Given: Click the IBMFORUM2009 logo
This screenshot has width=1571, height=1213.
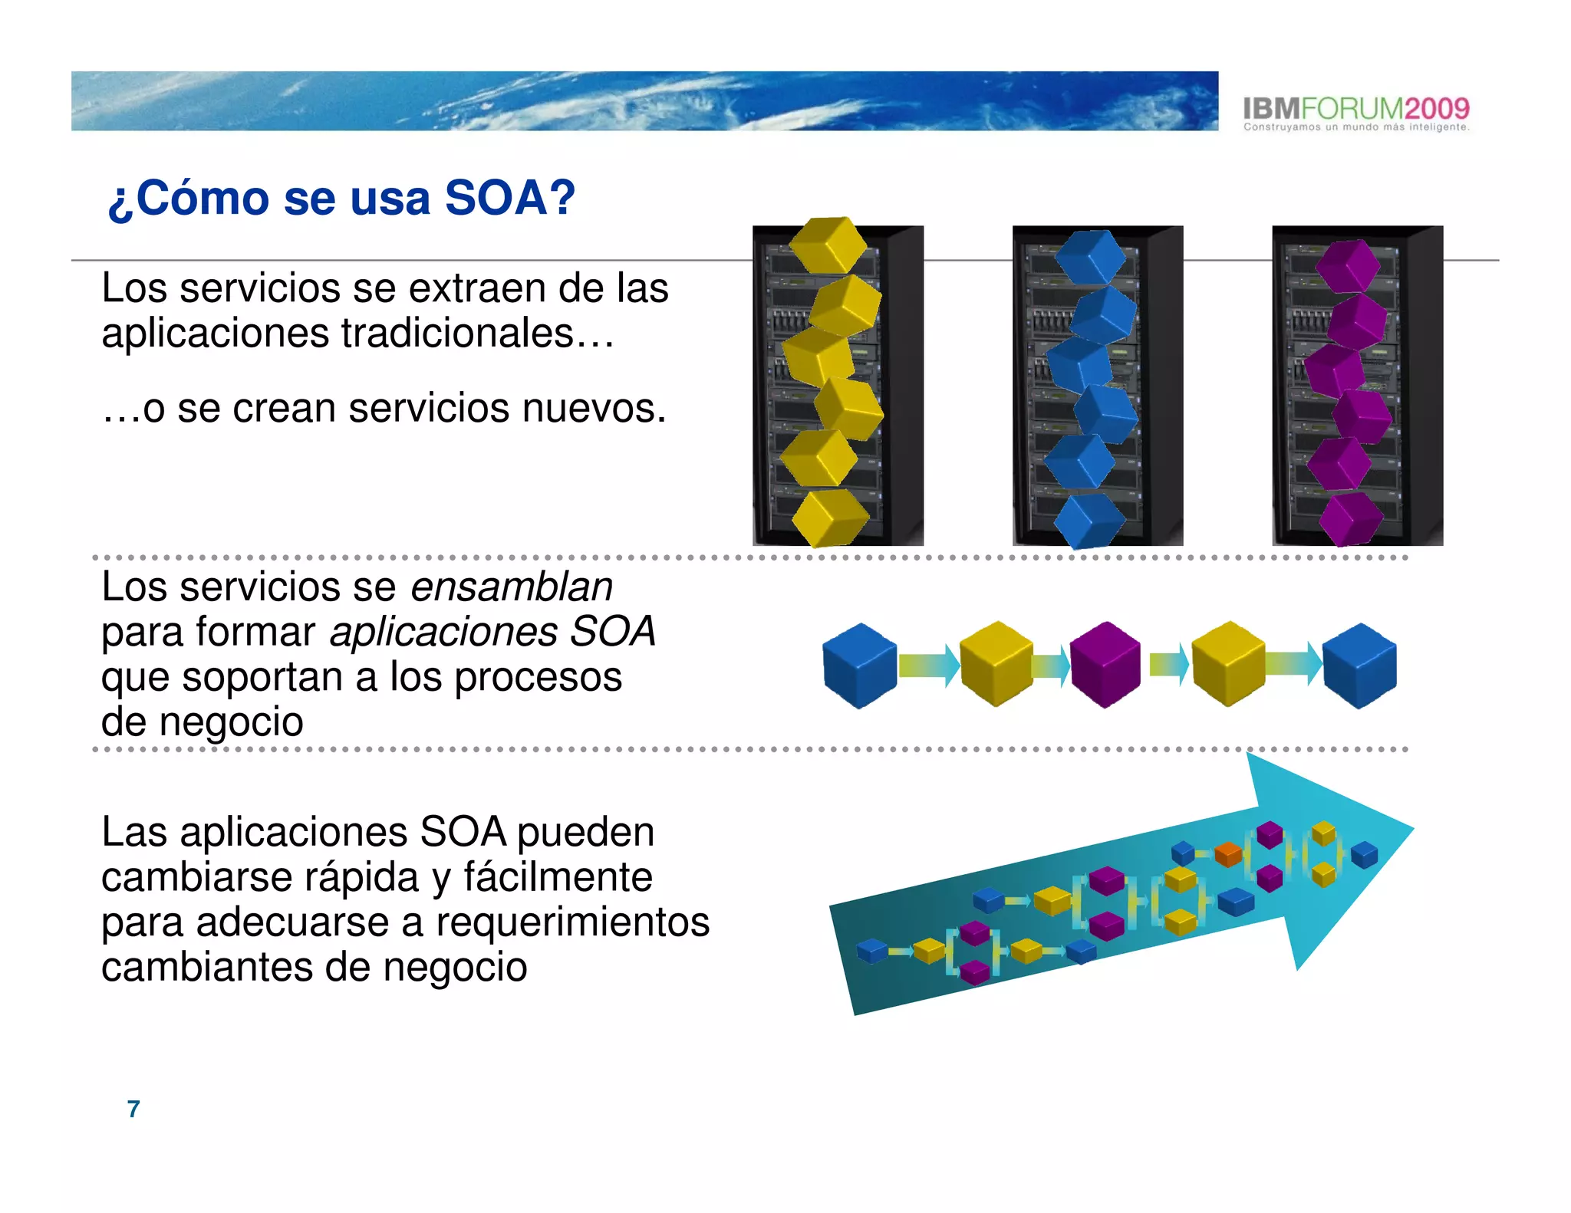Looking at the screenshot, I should click(1355, 109).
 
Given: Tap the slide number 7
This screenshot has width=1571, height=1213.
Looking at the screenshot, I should click(133, 1109).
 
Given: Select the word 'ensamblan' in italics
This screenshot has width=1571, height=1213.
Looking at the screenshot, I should click(512, 587).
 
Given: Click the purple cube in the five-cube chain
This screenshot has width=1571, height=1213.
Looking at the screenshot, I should click(1105, 664).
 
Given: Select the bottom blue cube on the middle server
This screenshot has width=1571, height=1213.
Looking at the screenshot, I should click(1089, 521).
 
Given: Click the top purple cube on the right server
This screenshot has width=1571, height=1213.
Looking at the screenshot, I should click(1348, 265).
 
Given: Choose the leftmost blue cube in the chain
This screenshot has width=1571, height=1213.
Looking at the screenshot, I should click(859, 665).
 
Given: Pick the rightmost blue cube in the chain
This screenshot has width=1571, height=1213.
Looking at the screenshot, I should click(1360, 665).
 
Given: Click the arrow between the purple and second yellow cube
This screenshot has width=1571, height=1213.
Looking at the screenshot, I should click(1168, 664).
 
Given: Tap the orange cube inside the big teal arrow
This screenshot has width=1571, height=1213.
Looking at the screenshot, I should click(1228, 853).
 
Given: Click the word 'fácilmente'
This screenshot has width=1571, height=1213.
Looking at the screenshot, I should click(558, 877).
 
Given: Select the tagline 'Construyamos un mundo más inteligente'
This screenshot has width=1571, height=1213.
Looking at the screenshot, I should click(1355, 127).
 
